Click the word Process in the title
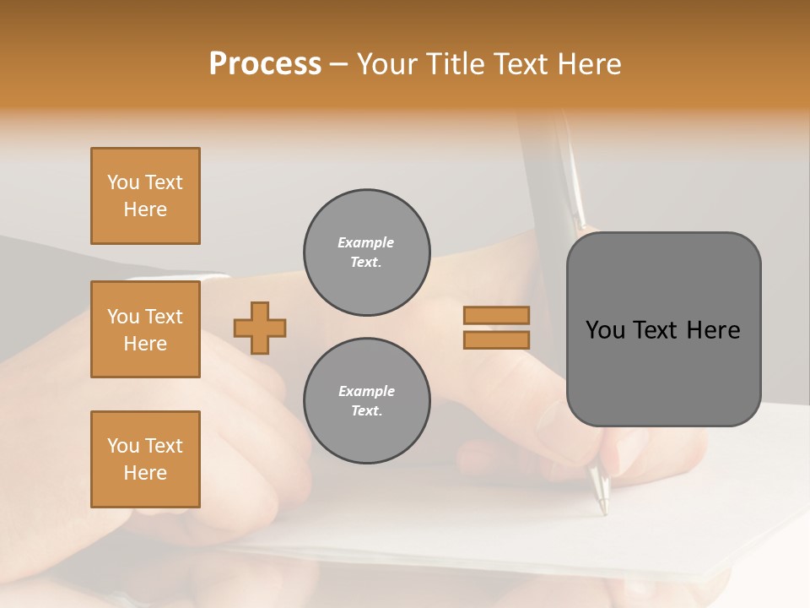265,64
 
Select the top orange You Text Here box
145,196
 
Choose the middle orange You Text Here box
145,329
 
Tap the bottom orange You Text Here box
145,459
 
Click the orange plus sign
260,328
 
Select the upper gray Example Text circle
367,252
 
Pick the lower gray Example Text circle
367,401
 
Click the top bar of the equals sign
497,315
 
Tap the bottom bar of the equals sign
497,339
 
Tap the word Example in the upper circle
366,242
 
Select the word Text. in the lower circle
366,411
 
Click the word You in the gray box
606,330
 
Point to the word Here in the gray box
714,330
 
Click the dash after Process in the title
338,65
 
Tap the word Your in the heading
387,64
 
